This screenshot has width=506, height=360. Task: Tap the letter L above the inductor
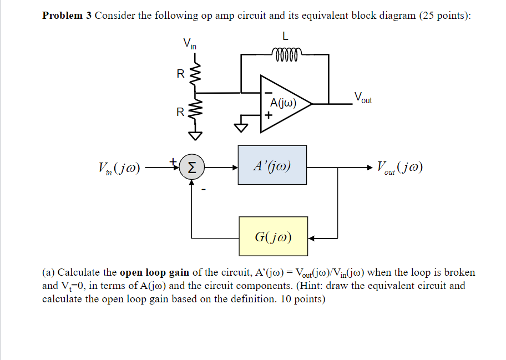click(285, 37)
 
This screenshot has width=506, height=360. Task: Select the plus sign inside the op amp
click(269, 116)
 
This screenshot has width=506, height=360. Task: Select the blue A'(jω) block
click(272, 165)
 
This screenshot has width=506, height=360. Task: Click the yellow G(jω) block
click(272, 236)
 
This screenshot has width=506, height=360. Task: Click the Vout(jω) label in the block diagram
click(399, 166)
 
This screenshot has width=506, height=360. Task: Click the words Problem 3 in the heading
click(67, 16)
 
